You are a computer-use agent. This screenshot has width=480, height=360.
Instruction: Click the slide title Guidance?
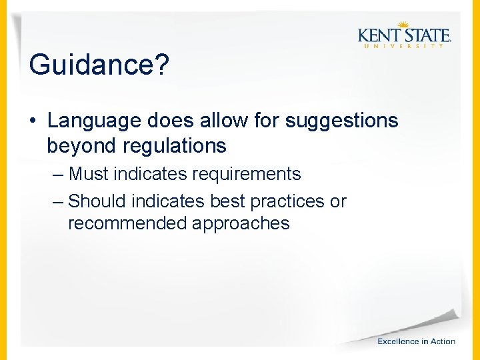coord(99,65)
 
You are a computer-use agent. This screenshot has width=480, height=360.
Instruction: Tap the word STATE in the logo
coord(425,34)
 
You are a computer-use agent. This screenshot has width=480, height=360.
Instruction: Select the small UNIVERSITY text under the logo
coord(403,46)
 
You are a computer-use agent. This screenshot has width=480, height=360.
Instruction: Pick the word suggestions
coord(341,121)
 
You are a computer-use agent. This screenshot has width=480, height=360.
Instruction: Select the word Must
coord(89,175)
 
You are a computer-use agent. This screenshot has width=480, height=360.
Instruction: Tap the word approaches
coord(241,223)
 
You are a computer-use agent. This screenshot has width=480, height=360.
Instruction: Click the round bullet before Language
coord(32,121)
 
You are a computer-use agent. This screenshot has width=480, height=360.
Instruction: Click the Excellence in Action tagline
coord(416,341)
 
